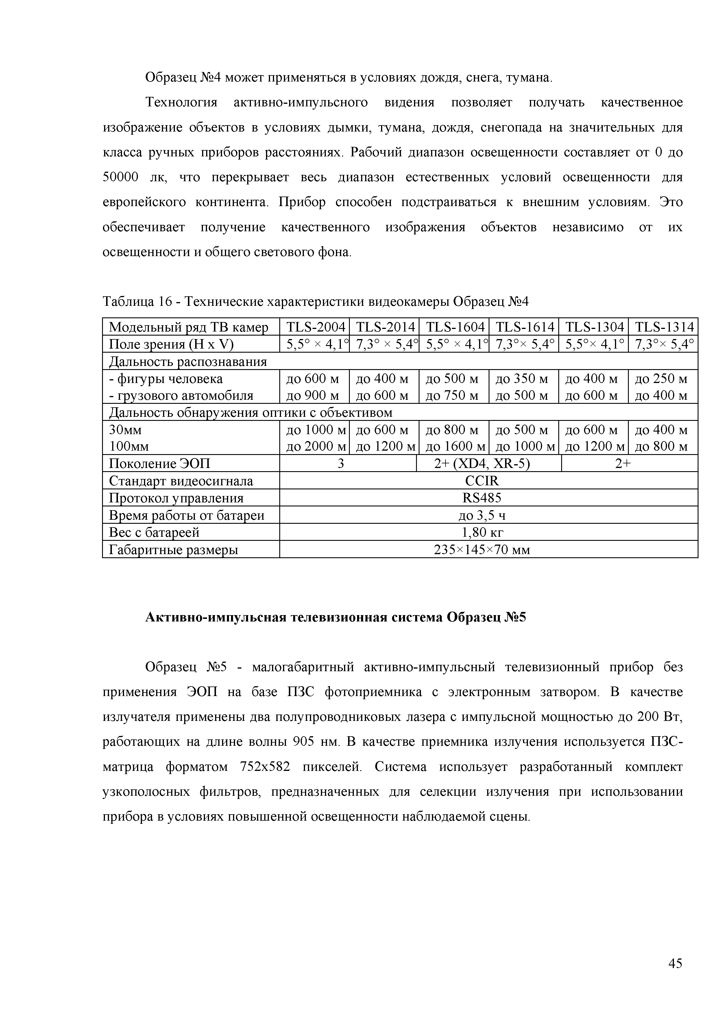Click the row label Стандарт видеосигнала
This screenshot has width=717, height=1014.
(181, 481)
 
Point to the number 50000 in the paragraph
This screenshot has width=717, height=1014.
(121, 177)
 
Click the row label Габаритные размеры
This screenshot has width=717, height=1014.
(174, 550)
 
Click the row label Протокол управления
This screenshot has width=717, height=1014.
(176, 498)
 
